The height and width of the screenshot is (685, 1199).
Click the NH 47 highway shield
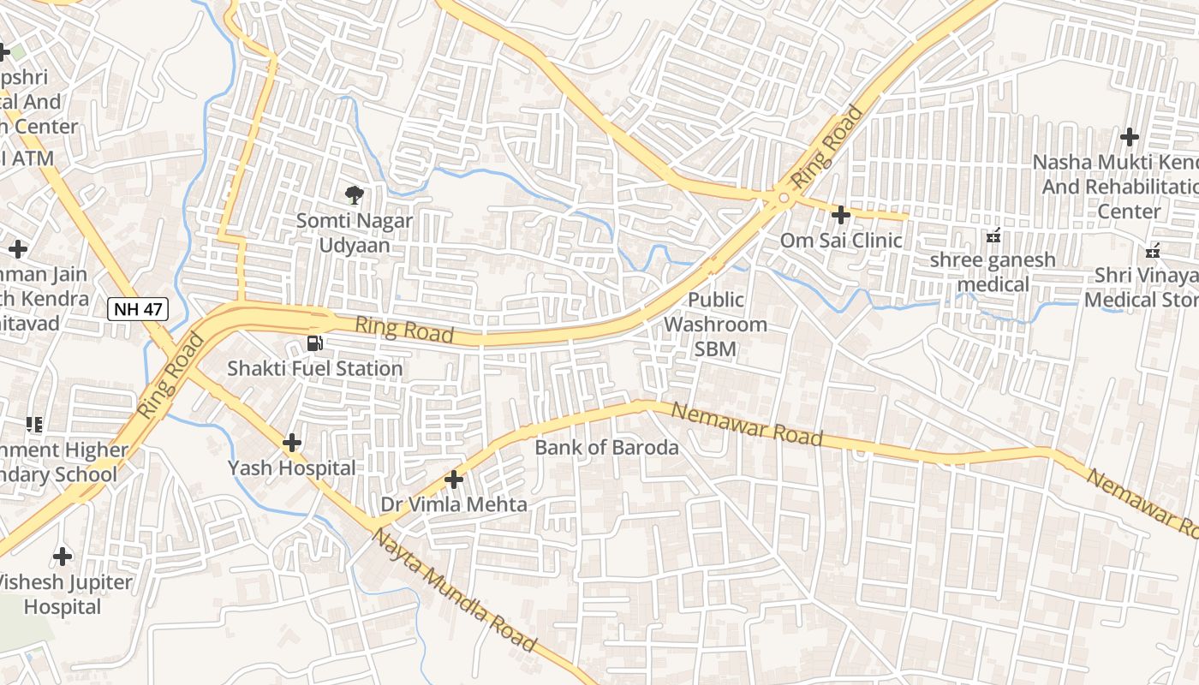click(x=137, y=310)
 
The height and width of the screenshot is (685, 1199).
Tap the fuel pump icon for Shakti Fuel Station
click(x=315, y=344)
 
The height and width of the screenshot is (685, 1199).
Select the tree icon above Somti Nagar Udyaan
click(x=353, y=195)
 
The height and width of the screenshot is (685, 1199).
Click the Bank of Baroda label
click(x=606, y=447)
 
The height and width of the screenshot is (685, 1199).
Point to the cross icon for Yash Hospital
click(x=292, y=443)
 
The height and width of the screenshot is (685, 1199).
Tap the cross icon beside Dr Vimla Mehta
click(x=454, y=480)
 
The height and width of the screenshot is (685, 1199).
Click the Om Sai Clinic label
click(x=841, y=241)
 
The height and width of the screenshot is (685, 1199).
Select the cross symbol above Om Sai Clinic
click(x=841, y=214)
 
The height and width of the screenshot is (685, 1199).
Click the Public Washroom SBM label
click(x=716, y=325)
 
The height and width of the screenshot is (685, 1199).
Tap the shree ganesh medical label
click(x=993, y=271)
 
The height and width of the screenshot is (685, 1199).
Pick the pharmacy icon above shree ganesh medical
click(x=993, y=235)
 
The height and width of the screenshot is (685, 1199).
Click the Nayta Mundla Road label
click(x=455, y=591)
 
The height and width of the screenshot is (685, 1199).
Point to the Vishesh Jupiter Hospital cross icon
click(x=63, y=557)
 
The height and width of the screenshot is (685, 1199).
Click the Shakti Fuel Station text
click(x=314, y=369)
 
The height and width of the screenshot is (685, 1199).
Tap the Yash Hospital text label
click(x=291, y=468)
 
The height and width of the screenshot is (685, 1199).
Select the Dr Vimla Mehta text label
click(x=454, y=505)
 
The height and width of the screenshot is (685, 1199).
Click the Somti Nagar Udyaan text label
click(x=355, y=233)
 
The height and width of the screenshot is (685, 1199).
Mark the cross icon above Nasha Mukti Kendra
click(x=1130, y=136)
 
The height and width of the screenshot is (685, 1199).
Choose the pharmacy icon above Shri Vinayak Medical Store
click(x=1153, y=251)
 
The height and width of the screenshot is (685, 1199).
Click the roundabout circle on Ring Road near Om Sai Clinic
click(x=783, y=198)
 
